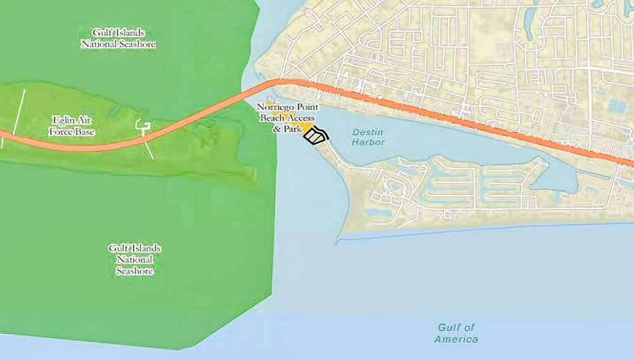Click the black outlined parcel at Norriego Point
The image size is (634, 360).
(x=316, y=136)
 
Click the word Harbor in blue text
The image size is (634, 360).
(x=368, y=142)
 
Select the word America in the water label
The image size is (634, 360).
(x=456, y=339)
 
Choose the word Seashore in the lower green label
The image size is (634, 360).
(x=134, y=271)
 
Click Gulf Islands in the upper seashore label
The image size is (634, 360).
(x=118, y=33)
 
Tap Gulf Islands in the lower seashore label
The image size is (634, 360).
(x=134, y=248)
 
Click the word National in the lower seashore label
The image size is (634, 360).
(x=134, y=259)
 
